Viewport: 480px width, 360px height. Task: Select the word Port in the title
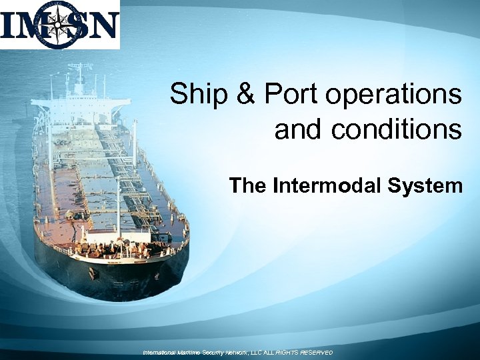pyautogui.click(x=290, y=94)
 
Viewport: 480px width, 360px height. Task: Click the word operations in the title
pyautogui.click(x=393, y=95)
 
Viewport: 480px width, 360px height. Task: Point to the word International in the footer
pyautogui.click(x=163, y=352)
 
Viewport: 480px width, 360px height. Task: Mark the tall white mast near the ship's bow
pyautogui.click(x=119, y=203)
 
